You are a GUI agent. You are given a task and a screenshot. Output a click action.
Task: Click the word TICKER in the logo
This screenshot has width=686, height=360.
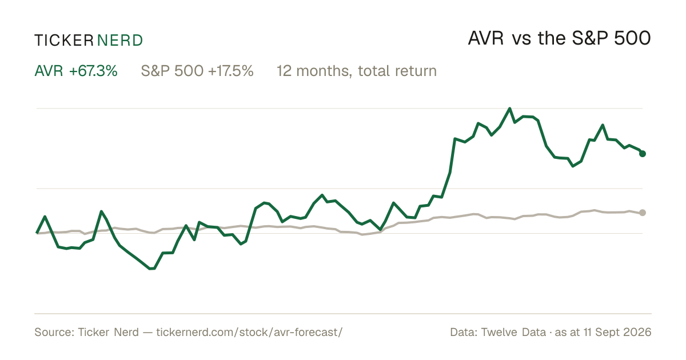coord(64,41)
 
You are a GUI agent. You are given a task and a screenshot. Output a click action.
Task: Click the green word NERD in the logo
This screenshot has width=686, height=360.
coord(120,41)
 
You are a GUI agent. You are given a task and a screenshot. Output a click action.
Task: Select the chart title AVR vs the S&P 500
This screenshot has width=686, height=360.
coord(559,38)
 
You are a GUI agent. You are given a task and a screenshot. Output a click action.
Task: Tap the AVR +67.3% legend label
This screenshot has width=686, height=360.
coord(76,71)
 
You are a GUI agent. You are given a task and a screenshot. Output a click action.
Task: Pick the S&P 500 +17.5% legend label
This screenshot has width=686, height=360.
coord(197,71)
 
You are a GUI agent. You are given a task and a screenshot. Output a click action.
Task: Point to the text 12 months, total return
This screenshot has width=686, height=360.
coord(357,71)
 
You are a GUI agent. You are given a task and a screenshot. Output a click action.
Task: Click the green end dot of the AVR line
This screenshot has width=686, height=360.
coord(643,154)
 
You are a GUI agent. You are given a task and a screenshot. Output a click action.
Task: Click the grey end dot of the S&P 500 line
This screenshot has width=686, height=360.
coord(643,213)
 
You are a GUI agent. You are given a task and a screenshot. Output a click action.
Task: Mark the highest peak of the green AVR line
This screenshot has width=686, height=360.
coord(509,109)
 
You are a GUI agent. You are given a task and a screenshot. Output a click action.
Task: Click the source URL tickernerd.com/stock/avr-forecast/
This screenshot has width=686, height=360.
coord(249,332)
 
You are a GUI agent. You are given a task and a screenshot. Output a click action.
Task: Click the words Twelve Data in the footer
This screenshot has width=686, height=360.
coord(513,332)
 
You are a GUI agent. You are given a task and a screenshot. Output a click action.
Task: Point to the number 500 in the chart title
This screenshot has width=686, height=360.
coord(632,38)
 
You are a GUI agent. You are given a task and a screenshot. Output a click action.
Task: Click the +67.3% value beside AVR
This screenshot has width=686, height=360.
coord(93,71)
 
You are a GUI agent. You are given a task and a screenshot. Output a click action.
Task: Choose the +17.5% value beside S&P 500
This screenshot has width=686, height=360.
coord(230,71)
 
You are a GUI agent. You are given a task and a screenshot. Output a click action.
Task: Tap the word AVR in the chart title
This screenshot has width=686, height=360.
coord(486,38)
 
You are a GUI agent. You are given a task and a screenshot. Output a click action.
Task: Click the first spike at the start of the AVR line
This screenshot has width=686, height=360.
coord(45,217)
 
